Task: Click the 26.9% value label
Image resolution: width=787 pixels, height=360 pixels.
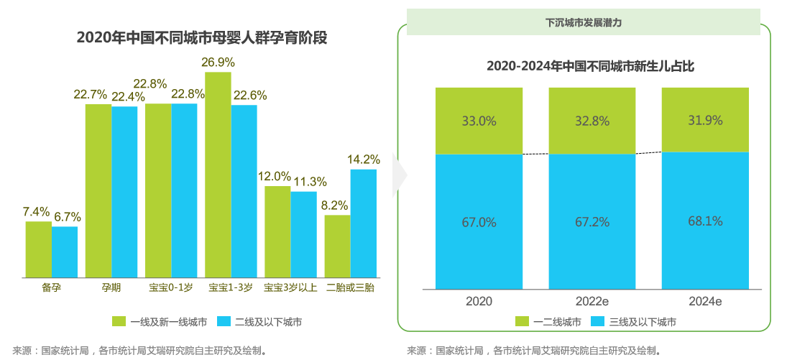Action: [x=218, y=63]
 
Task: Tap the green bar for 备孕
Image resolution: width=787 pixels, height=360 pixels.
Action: [x=39, y=249]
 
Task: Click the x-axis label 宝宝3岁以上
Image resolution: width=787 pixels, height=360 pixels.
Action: [x=290, y=288]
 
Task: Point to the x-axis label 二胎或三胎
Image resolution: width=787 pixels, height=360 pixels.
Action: [x=350, y=288]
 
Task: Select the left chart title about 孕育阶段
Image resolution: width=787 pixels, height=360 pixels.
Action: [x=202, y=37]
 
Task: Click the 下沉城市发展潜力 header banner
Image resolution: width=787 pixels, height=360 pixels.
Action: [x=583, y=22]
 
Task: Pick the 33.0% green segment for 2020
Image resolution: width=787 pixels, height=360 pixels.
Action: [x=479, y=121]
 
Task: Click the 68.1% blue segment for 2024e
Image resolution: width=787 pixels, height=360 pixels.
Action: [x=705, y=221]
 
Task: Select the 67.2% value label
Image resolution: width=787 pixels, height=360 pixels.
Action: [x=592, y=222]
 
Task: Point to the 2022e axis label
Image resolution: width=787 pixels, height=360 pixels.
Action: [x=592, y=301]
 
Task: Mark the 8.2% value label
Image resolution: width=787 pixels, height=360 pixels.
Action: [x=335, y=206]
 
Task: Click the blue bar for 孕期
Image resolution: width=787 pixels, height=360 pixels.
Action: [x=124, y=192]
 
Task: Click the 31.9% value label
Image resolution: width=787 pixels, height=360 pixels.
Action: [x=705, y=120]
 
